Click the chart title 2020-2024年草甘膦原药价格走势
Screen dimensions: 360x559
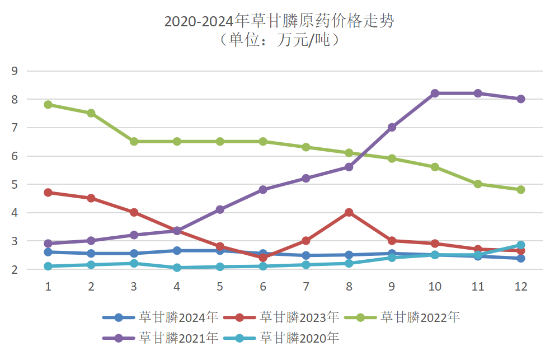[x=279, y=21]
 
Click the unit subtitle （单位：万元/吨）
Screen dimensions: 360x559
[x=279, y=40]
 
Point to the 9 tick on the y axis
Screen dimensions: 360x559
[x=15, y=71]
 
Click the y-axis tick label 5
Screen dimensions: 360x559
[x=15, y=184]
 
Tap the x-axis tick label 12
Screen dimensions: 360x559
[x=520, y=287]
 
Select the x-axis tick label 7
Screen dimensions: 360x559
[x=306, y=287]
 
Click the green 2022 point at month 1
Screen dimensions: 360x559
[x=48, y=105]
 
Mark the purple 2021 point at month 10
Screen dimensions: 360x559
[x=435, y=93]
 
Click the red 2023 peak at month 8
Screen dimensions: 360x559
[x=349, y=212]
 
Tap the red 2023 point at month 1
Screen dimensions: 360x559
[x=48, y=193]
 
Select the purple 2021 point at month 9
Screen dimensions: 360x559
[x=392, y=127]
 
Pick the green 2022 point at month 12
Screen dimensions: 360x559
[x=520, y=190]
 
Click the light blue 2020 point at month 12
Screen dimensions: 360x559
[x=520, y=245]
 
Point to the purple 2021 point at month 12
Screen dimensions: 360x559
[x=520, y=99]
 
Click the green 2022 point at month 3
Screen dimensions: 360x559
[x=134, y=142]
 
